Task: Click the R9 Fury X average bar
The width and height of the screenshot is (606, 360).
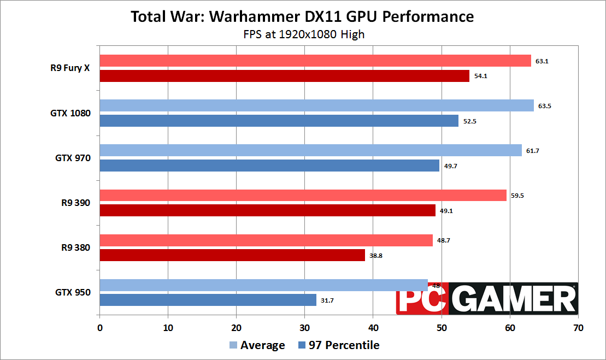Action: [315, 61]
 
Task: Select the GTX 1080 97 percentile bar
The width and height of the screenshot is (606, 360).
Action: [279, 121]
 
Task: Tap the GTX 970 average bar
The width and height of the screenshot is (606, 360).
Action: [310, 150]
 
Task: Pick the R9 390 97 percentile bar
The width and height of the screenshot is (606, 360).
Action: [267, 210]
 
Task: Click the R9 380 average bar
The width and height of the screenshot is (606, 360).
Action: [266, 240]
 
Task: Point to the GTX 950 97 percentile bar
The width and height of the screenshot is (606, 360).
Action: [208, 300]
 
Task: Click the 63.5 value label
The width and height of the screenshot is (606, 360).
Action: [544, 106]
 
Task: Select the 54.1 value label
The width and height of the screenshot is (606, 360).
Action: [480, 76]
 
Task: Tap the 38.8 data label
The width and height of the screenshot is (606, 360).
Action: [376, 255]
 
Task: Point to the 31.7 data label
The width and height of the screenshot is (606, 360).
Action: [328, 300]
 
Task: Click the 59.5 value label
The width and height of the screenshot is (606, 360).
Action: [517, 196]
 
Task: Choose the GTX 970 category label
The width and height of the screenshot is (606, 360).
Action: [73, 158]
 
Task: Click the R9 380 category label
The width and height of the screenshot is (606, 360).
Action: [76, 247]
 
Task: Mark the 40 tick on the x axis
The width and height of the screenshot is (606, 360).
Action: [373, 328]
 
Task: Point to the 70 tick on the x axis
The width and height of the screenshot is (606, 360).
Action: [578, 328]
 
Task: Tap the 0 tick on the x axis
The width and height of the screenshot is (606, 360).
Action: [99, 328]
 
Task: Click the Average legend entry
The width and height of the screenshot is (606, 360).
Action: [257, 345]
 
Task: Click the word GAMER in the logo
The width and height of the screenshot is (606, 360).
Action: [513, 299]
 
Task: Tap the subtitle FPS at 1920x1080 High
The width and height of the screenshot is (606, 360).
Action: [304, 34]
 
